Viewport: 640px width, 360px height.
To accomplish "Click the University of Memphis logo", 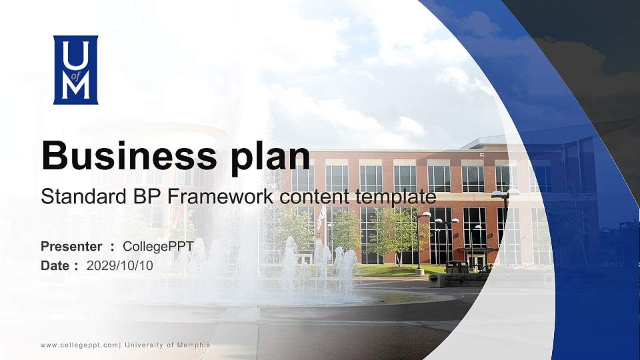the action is click(x=75, y=70).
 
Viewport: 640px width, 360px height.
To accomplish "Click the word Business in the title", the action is click(x=129, y=155).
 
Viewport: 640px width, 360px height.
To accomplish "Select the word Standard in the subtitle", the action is click(x=84, y=197).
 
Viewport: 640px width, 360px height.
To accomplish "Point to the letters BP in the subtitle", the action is click(x=147, y=197).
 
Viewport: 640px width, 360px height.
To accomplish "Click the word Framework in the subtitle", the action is click(x=221, y=197).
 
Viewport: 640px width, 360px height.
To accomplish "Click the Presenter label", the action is click(x=71, y=247).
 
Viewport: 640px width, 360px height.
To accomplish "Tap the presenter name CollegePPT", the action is click(x=158, y=247).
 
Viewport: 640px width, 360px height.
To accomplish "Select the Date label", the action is click(x=55, y=266).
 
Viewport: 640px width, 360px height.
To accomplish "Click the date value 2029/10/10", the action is click(x=119, y=266).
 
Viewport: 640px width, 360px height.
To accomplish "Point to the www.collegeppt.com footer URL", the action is click(x=79, y=345).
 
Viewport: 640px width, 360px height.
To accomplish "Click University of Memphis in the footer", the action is click(x=167, y=345).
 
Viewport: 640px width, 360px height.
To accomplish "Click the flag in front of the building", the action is click(x=321, y=217).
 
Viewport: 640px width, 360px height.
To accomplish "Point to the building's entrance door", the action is click(x=477, y=261).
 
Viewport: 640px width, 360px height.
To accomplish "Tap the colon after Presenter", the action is click(x=112, y=247).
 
